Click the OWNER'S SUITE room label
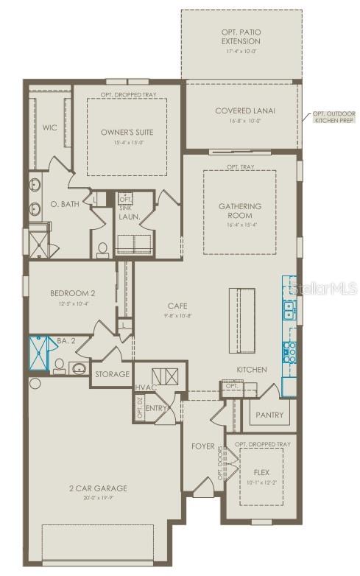click(x=127, y=133)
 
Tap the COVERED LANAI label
click(x=245, y=111)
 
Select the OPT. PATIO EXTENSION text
click(x=241, y=37)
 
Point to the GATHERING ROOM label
click(x=240, y=211)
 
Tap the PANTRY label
click(x=269, y=415)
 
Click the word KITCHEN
click(x=251, y=369)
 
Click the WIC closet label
click(x=49, y=127)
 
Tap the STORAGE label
click(x=112, y=374)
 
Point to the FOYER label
click(x=202, y=446)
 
